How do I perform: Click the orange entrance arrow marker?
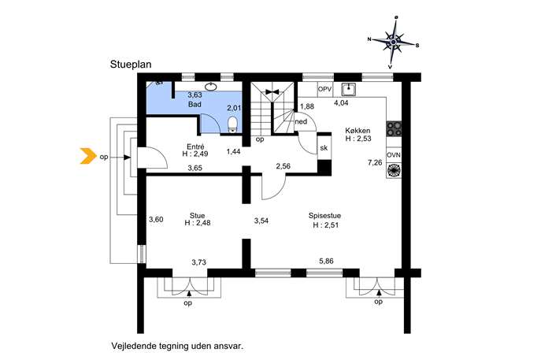point(88,156)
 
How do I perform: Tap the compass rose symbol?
point(393,42)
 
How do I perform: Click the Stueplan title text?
point(131,65)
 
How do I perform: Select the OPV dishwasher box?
point(324,89)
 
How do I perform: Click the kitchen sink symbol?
point(349,89)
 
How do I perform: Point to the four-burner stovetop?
point(394,128)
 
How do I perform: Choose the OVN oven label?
point(394,155)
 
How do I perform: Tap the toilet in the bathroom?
point(233,124)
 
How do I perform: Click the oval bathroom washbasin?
point(211,87)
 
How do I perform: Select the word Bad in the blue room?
point(195,104)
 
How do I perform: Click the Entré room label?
point(195,147)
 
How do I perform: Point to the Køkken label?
point(358,131)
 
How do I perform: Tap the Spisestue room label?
point(324,216)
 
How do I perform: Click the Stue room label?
point(197,215)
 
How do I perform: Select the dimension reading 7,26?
point(375,162)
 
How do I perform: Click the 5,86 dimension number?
point(326,262)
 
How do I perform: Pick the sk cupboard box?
point(324,148)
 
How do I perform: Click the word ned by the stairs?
point(301,121)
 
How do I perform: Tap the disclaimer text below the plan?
point(177,346)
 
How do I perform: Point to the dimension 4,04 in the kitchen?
point(341,102)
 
